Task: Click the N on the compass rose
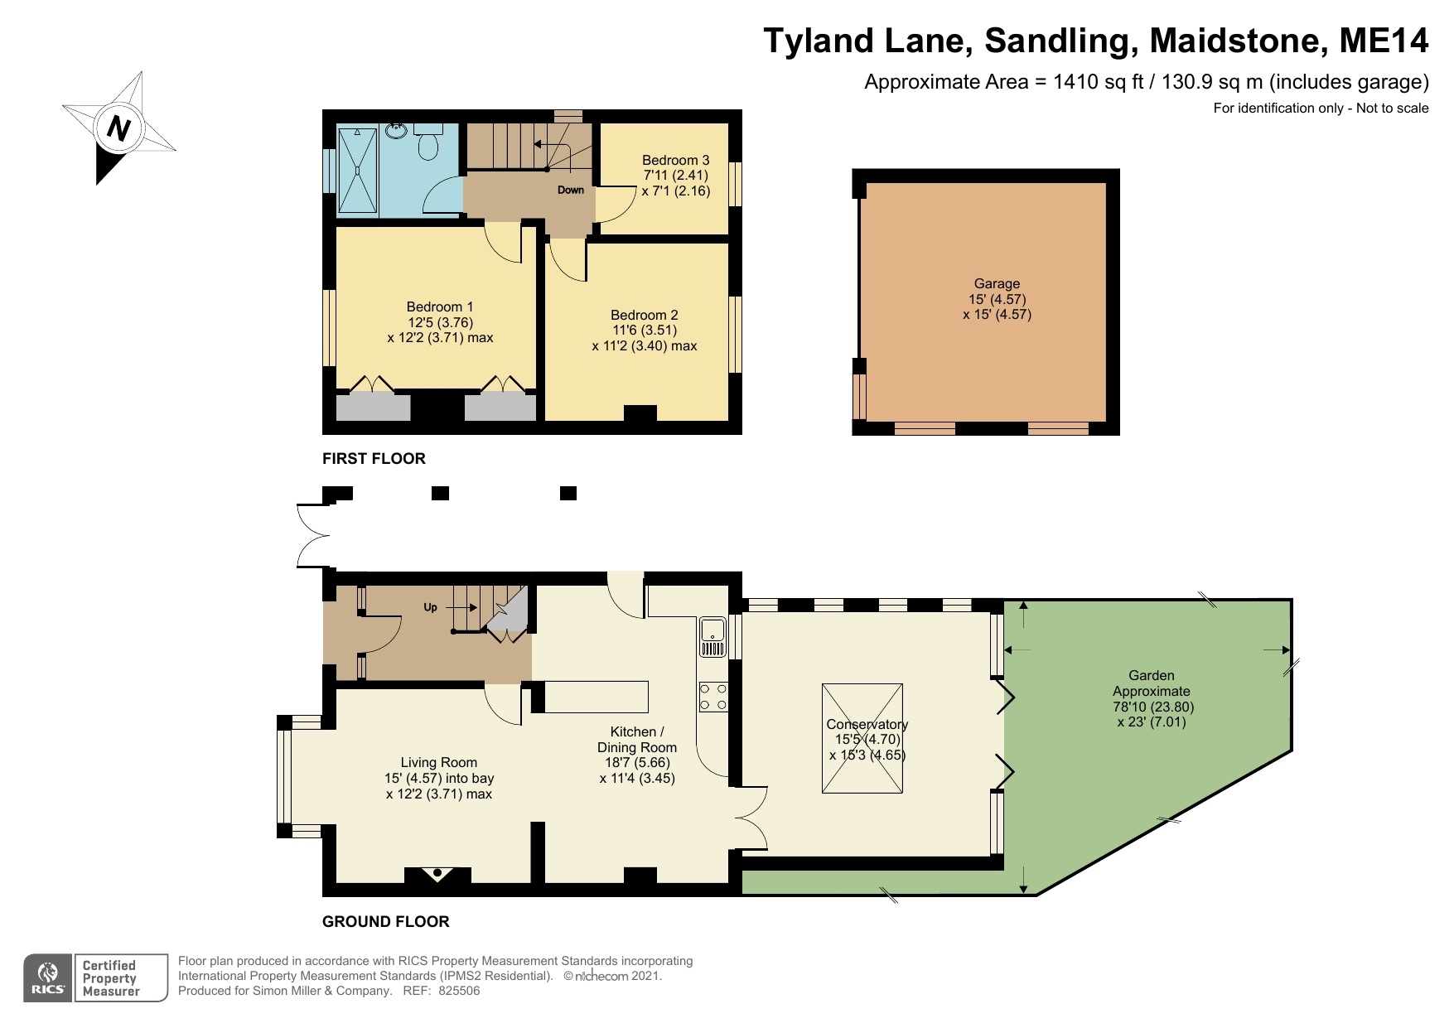coord(120,128)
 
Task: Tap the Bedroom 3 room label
coord(675,160)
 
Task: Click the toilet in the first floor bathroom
coord(428,144)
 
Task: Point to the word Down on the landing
coord(570,190)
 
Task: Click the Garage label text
coord(997,283)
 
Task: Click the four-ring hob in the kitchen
coord(713,697)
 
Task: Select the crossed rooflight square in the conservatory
coord(862,739)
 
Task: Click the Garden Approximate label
coord(1151,683)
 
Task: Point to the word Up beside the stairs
coord(430,607)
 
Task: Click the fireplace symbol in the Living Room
coord(437,874)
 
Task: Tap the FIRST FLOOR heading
coord(374,458)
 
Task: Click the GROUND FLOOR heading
coord(385,921)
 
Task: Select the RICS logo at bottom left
coord(48,977)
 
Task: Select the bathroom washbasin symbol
coord(396,131)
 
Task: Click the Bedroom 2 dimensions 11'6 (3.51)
coord(644,330)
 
